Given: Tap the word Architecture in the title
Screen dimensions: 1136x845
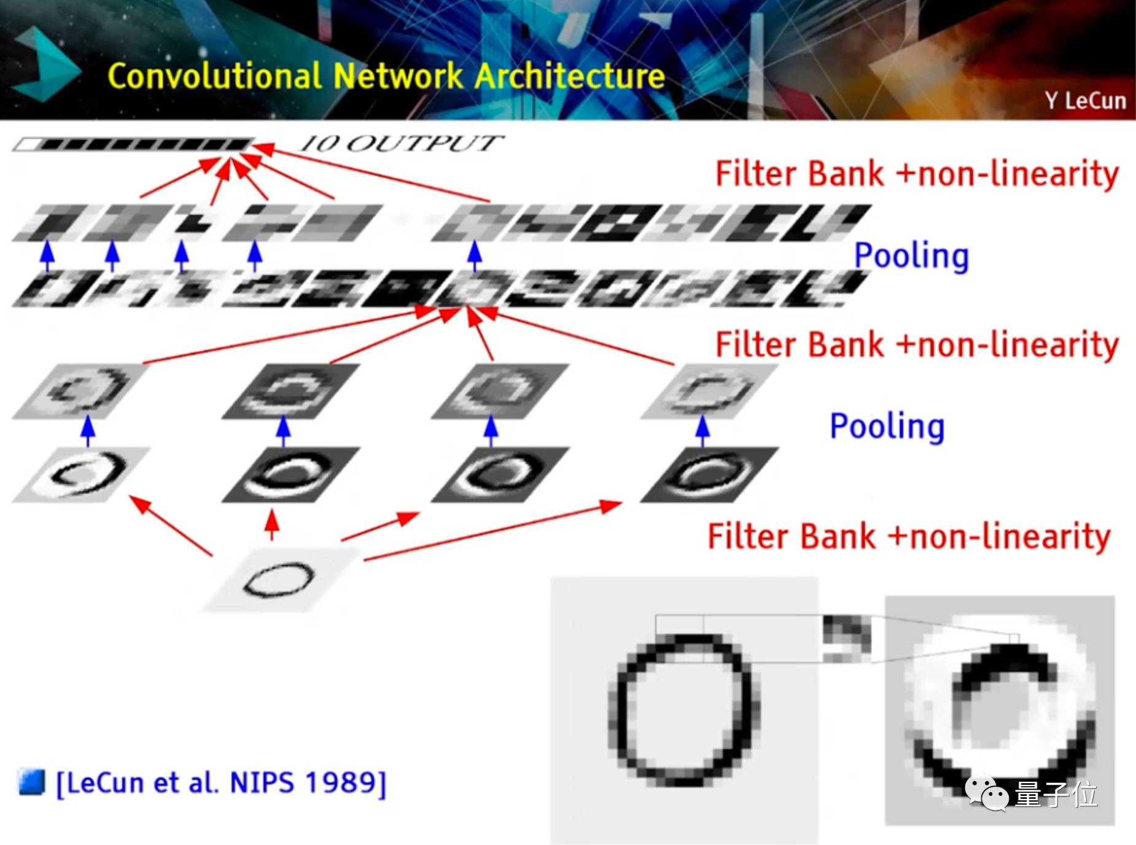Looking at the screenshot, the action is pos(569,77).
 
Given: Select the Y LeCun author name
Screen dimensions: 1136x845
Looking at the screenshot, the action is pos(1085,100).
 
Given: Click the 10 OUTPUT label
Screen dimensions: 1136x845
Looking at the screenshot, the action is pos(401,144).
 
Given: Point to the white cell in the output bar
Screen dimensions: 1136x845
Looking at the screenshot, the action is pos(26,145).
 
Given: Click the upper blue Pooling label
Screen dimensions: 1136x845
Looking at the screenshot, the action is pos(911,255).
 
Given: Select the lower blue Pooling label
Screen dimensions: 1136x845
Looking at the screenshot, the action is pos(887,426).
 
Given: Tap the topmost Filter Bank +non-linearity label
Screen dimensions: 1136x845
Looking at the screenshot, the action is pos(917,174).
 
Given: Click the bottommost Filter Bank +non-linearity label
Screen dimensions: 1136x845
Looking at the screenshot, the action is pos(909,536).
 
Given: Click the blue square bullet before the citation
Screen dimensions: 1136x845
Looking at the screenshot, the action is pos(32,782).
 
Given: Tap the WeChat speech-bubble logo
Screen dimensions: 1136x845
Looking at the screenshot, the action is pos(987,793).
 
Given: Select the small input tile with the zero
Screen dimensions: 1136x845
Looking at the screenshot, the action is pos(279,579).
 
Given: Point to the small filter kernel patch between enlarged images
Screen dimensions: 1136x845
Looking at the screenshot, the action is pos(846,639).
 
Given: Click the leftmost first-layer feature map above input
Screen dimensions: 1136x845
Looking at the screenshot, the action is pos(82,474).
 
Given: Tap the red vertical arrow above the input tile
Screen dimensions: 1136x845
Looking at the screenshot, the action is pos(272,525).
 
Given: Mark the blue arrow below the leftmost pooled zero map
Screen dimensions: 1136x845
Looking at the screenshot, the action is pos(88,431).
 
